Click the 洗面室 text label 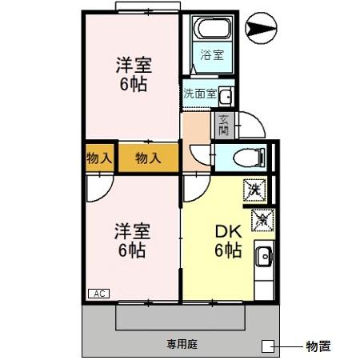(x=199, y=94)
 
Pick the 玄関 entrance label (x=223, y=125)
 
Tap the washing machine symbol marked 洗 (x=254, y=190)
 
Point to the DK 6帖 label (x=227, y=241)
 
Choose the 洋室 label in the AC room (x=132, y=241)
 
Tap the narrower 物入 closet (x=99, y=158)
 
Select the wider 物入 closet (x=148, y=158)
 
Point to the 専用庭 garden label (x=182, y=345)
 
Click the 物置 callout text (x=318, y=346)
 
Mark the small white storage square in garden (x=267, y=346)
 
